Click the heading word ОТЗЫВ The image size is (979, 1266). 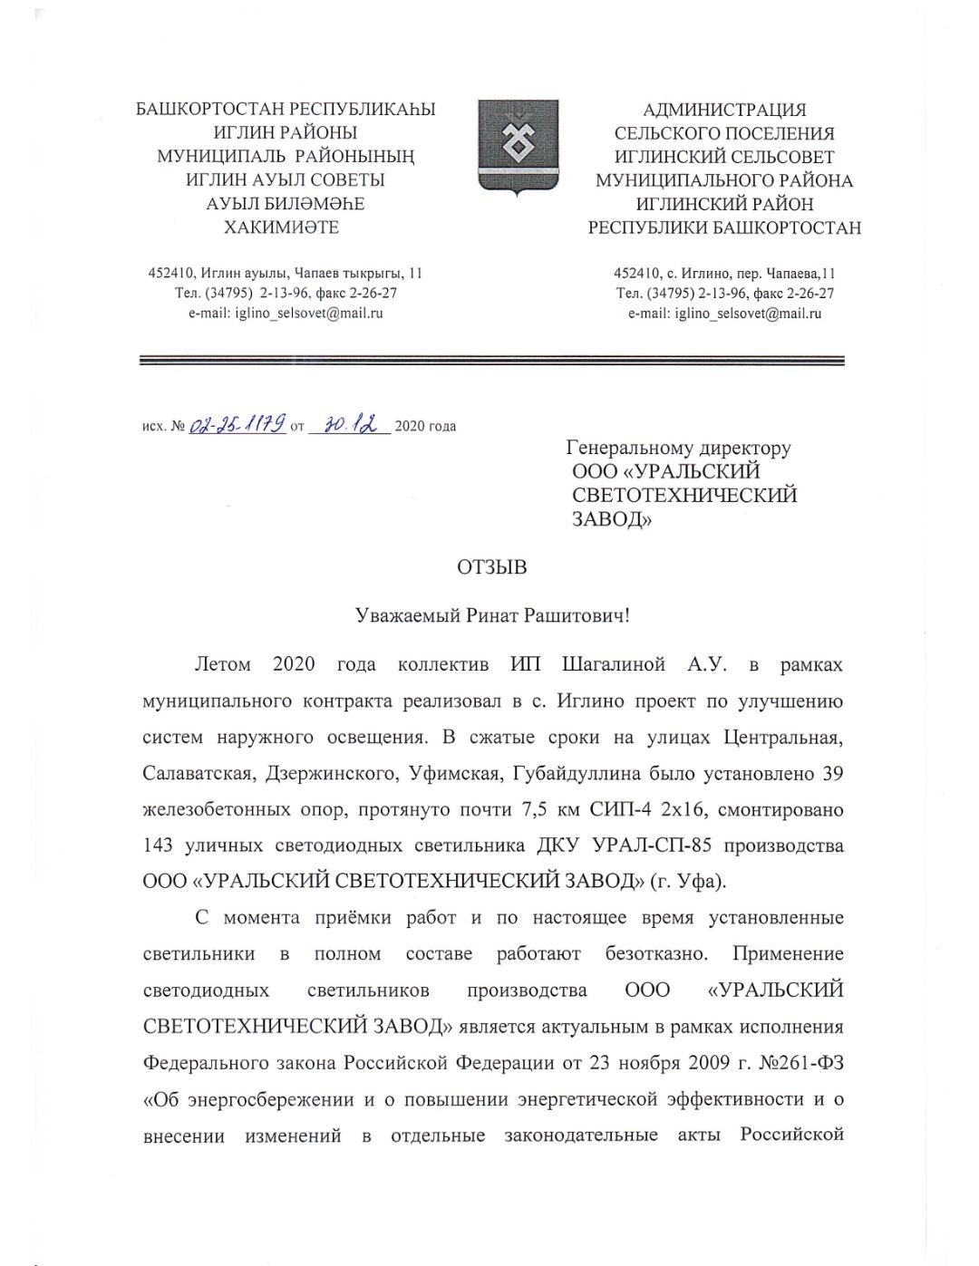491,567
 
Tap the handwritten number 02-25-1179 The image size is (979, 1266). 237,424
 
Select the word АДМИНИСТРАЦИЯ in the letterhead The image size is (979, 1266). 724,110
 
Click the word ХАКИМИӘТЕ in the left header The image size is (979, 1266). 281,227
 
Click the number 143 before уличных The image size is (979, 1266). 159,846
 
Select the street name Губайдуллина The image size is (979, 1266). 585,773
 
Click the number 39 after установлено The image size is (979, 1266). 832,773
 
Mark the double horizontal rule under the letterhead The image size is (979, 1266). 491,361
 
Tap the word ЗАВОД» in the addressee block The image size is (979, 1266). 612,519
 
